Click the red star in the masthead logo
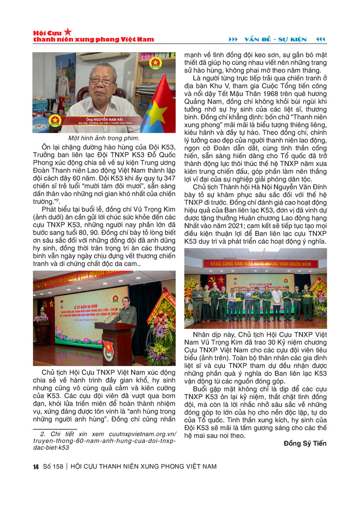(68, 31)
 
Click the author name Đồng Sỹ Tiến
(305, 443)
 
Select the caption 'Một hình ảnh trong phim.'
(104, 138)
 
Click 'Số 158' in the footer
(52, 466)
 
